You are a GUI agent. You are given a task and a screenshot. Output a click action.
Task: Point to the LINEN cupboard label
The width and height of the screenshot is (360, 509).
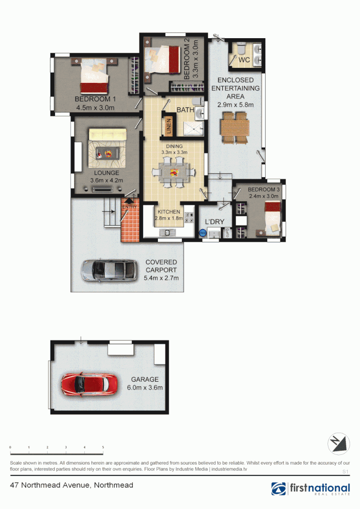[x=169, y=126]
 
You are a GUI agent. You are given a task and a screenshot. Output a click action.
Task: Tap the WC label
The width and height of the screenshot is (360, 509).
[x=244, y=60]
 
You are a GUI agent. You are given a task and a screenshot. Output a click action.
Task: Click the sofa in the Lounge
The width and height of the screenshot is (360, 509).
[x=108, y=135]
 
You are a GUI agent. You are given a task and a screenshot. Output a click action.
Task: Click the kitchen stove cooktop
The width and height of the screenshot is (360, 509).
[x=190, y=218]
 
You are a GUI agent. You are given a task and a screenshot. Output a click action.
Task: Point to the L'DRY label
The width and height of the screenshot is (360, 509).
[x=214, y=221]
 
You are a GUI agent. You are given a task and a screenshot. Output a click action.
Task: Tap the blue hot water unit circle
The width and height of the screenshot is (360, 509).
[x=203, y=232]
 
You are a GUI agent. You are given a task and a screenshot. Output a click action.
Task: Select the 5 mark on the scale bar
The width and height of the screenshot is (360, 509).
[x=103, y=447]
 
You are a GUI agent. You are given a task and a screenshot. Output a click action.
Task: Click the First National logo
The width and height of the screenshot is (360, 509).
[x=311, y=489]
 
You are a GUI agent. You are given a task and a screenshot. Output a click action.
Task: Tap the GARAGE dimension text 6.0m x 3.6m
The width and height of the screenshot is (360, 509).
[x=145, y=388]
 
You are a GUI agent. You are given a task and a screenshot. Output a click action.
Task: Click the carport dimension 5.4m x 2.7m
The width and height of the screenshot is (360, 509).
[x=161, y=278]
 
